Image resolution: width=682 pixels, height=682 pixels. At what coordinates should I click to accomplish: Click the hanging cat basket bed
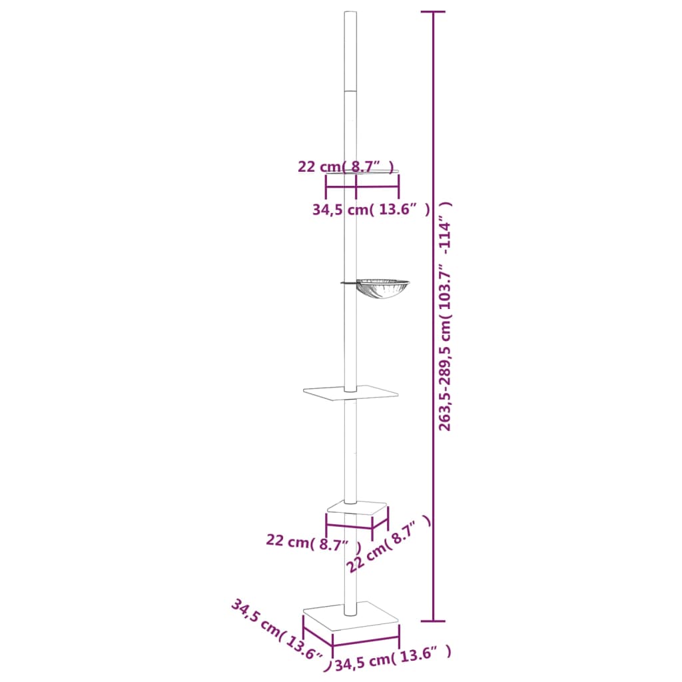point(382,288)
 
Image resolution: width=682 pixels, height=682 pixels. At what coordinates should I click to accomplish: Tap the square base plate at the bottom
point(351,619)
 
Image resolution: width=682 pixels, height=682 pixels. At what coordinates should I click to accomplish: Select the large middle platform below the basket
point(350,394)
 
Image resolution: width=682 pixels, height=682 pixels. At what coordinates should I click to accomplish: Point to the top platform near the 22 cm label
point(363,172)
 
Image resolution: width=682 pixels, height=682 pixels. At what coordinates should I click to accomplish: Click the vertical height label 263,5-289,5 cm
point(445,316)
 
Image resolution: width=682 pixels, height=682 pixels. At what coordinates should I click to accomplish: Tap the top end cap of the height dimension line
point(434,13)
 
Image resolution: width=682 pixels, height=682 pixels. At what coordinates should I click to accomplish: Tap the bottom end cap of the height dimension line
point(434,621)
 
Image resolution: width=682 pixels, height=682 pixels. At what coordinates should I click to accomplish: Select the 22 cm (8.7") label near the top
point(346,167)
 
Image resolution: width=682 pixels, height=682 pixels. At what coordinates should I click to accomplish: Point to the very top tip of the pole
point(350,13)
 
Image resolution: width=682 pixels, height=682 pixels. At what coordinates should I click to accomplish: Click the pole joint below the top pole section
point(350,91)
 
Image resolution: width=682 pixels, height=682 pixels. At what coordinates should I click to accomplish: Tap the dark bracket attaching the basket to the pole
point(348,283)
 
